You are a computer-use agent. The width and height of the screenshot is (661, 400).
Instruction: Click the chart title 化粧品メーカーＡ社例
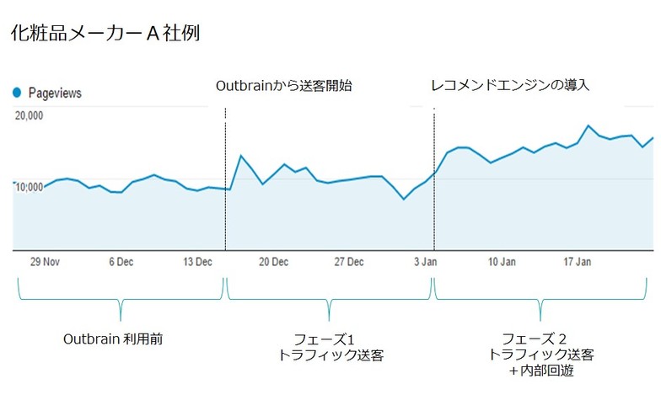click(x=105, y=35)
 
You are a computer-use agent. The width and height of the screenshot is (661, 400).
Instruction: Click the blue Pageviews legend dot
click(x=16, y=93)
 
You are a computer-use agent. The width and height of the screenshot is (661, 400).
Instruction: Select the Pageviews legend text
click(x=55, y=93)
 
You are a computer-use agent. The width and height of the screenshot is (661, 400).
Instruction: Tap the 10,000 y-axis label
click(x=30, y=186)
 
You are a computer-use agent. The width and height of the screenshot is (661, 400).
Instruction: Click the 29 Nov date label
click(x=44, y=262)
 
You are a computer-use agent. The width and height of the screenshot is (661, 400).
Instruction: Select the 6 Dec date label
click(x=121, y=262)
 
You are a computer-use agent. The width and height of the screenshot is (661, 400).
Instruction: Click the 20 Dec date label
click(x=273, y=262)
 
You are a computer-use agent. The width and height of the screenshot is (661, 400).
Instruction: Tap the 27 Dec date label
click(x=349, y=262)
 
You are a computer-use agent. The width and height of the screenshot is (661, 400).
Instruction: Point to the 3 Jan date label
click(x=425, y=262)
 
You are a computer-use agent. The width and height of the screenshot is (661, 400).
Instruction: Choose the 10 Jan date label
click(x=502, y=262)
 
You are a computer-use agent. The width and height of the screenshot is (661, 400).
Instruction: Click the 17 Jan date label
click(x=578, y=262)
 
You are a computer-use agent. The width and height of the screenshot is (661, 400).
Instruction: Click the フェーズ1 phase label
click(x=330, y=339)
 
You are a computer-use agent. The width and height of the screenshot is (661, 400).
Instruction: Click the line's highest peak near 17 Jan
click(x=588, y=126)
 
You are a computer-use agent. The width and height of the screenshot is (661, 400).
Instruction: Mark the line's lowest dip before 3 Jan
click(x=404, y=200)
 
